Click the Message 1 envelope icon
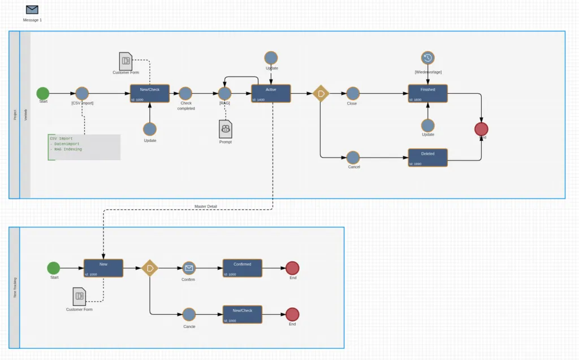(32, 10)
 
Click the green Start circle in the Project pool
(43, 93)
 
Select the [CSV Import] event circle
(82, 93)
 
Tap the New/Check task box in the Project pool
(150, 93)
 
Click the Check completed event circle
(186, 93)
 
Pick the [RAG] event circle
(224, 93)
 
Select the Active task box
(271, 93)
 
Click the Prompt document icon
(225, 129)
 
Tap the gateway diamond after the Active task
(321, 93)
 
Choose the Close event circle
(353, 93)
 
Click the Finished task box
(428, 93)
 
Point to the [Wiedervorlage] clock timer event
(428, 58)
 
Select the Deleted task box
(428, 158)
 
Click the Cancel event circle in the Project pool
(353, 158)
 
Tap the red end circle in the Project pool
(481, 129)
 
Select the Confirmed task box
(243, 268)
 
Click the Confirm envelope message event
(189, 268)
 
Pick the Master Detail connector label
(205, 206)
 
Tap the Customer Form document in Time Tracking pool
(79, 296)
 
